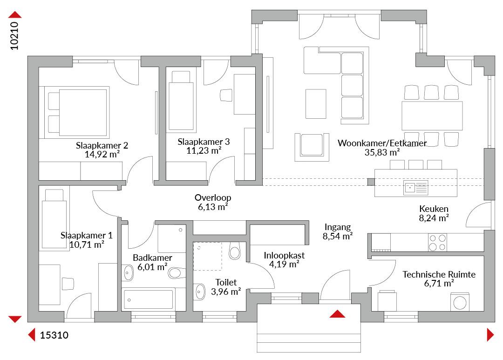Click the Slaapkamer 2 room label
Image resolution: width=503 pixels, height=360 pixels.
pos(102,145)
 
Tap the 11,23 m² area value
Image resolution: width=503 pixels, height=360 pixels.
pos(204,150)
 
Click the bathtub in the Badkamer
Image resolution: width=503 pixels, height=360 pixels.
pos(148,299)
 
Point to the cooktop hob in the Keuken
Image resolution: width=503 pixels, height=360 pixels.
pos(437,242)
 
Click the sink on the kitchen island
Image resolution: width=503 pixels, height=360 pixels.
pos(416,188)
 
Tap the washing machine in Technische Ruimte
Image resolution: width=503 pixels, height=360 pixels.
pos(460,302)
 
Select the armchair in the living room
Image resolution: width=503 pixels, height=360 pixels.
pos(312,147)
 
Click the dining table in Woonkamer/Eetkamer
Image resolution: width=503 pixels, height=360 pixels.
pos(432,115)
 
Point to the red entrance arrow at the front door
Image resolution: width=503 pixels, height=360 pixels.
pos(337,314)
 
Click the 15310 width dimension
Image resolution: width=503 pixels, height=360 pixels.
pos(54,335)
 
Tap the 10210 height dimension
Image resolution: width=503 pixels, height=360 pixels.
pos(14,35)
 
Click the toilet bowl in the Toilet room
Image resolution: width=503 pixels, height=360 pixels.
pos(234,251)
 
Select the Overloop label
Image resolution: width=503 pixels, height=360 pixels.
pos(213,197)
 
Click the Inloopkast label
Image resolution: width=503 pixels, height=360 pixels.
pos(284,255)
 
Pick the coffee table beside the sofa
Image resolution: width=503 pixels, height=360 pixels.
pos(316,104)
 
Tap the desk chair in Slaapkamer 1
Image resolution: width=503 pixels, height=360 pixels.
pos(68,284)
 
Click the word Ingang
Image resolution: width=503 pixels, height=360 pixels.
pos(338,227)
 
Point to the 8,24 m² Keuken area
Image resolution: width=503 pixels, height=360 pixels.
pos(434,218)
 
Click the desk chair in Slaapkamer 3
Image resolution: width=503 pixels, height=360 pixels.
pos(226,95)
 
